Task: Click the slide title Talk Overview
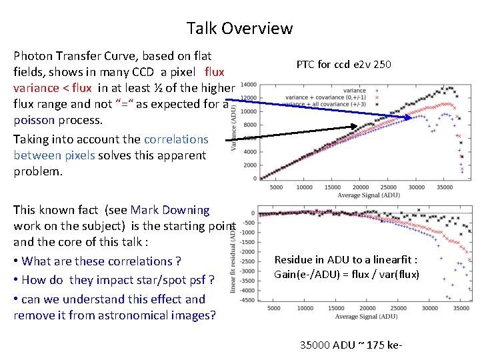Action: (x=239, y=28)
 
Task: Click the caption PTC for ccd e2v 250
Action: (x=343, y=65)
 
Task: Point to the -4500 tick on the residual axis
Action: (x=247, y=300)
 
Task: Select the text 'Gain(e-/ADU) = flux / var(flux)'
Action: (x=347, y=273)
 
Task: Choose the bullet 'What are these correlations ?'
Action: (x=97, y=261)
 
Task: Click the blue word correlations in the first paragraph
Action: (x=175, y=139)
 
